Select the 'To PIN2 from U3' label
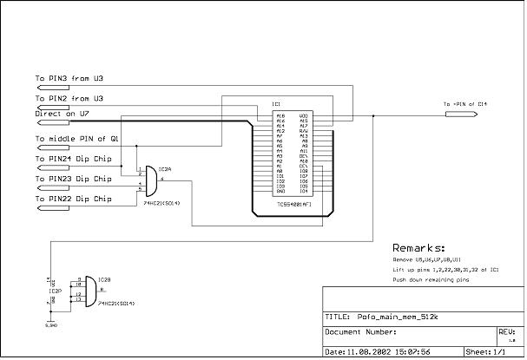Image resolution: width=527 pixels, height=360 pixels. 69,99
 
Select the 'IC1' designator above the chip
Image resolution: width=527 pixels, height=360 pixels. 276,104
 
